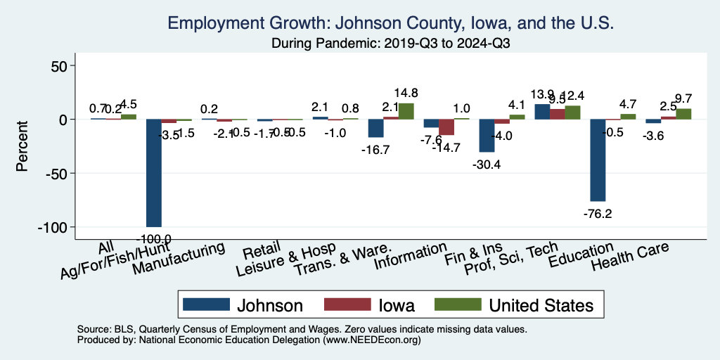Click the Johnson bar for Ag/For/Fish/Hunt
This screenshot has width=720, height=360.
click(153, 173)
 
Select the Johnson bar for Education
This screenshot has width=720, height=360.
click(598, 160)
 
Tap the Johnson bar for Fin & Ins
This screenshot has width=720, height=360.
click(487, 136)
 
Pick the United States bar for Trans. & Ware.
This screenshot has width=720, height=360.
click(406, 111)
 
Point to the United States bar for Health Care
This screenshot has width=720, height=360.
click(683, 114)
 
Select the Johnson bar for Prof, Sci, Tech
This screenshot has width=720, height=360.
click(542, 112)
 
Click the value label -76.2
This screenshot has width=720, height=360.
click(597, 214)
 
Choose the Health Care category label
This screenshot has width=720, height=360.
click(630, 256)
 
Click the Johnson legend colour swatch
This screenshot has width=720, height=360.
click(206, 304)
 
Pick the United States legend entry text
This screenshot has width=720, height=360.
click(541, 305)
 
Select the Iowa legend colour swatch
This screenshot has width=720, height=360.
click(347, 304)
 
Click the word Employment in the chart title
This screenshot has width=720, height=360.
click(220, 24)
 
